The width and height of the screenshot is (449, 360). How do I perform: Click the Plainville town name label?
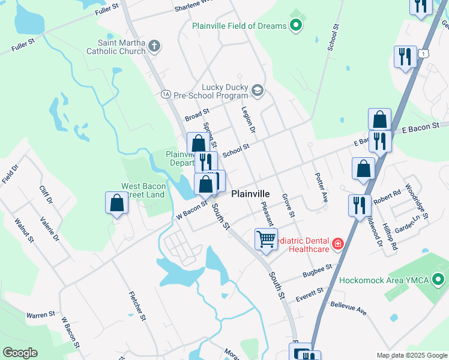250,194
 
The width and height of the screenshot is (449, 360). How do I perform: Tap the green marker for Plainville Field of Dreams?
295,25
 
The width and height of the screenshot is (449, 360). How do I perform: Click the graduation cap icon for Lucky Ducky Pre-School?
257,91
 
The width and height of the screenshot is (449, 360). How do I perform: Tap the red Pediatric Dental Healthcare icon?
338,244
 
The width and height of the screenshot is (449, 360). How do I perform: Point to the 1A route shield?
166,94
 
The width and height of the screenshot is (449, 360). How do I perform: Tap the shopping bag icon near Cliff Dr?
117,203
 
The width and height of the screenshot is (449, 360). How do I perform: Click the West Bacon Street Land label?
143,190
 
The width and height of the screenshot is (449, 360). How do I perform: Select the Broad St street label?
196,112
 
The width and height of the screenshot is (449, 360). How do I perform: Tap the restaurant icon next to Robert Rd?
359,205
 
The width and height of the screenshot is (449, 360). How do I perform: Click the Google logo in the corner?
20,353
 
